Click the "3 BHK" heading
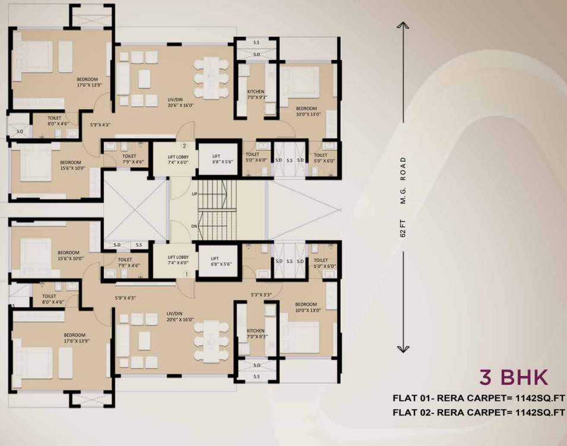pyautogui.click(x=514, y=377)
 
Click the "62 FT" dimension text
pyautogui.click(x=403, y=229)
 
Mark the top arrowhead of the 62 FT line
pyautogui.click(x=403, y=24)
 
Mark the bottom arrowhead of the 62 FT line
pyautogui.click(x=403, y=351)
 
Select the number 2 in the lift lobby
pyautogui.click(x=185, y=145)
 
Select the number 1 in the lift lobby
pyautogui.click(x=186, y=274)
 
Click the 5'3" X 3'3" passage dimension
pyautogui.click(x=262, y=294)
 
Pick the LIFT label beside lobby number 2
pyautogui.click(x=217, y=157)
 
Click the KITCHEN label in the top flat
pyautogui.click(x=256, y=91)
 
